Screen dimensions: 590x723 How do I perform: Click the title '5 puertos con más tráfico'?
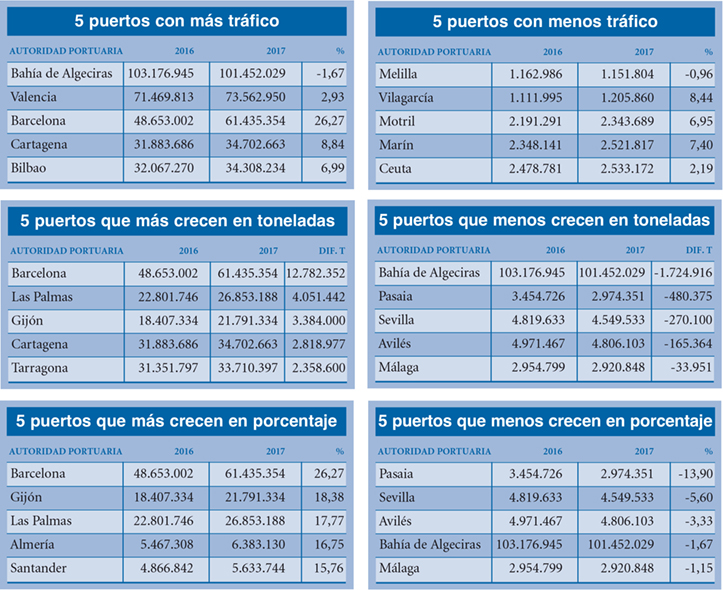177,21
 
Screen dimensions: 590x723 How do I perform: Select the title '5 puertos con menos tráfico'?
545,21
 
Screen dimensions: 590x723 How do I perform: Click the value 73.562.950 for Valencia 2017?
256,97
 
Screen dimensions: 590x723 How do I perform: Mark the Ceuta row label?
396,169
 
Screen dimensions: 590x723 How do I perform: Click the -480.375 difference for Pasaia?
686,296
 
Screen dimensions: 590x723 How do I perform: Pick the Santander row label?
43,568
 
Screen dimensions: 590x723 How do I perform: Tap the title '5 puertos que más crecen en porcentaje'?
177,419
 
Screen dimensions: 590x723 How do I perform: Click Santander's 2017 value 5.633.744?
256,568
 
